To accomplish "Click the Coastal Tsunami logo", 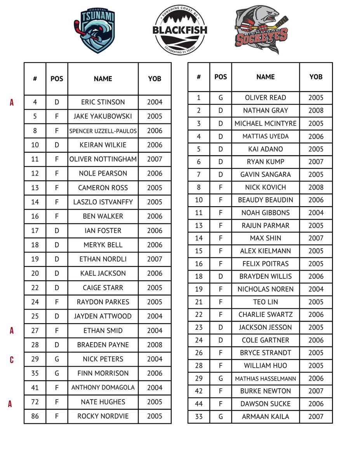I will click(94, 30).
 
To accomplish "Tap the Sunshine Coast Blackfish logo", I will click(179, 30).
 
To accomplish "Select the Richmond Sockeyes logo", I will click(261, 30).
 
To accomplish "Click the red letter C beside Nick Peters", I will click(12, 359).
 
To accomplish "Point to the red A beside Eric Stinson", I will click(12, 103).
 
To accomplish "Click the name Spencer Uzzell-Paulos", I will click(103, 131).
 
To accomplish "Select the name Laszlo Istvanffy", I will click(103, 202).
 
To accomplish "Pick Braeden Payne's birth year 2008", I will click(155, 345).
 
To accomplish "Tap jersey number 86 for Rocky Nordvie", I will click(35, 416).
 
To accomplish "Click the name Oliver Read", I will click(265, 98).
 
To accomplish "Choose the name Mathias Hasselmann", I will click(265, 379).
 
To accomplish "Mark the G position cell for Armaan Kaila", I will click(221, 417).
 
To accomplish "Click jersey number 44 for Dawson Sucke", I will click(199, 404).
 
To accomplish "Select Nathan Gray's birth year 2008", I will click(316, 111).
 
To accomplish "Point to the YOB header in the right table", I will click(316, 77).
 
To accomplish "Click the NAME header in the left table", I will click(103, 79).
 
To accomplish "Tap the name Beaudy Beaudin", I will click(265, 200).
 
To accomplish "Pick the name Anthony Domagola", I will click(103, 388).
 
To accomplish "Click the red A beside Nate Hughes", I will click(10, 404).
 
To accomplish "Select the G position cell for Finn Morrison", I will click(57, 374).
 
